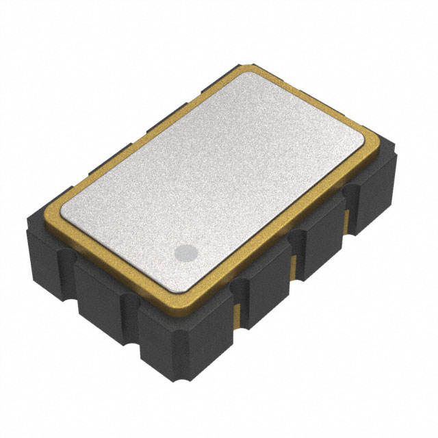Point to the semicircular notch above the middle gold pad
(294, 237)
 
